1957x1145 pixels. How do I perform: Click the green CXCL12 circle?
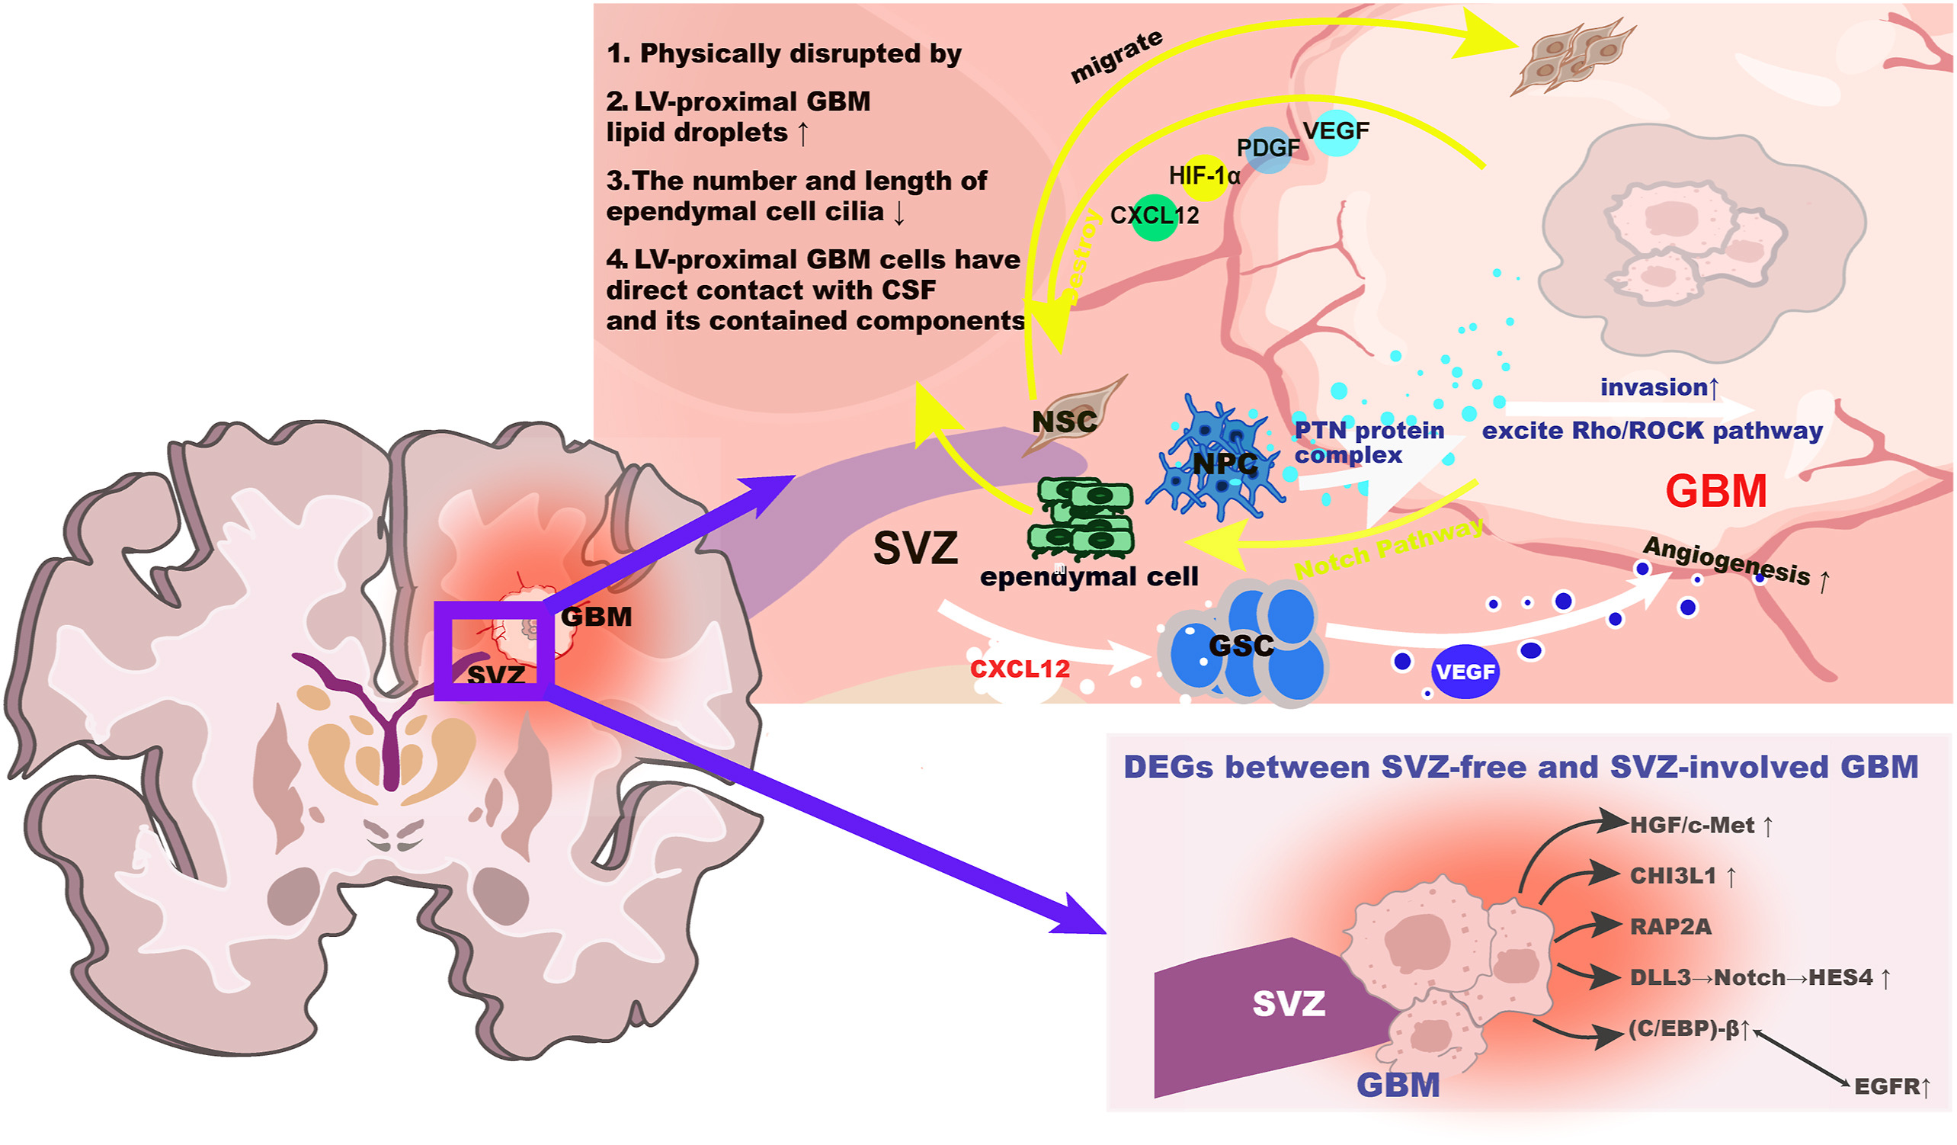1154,217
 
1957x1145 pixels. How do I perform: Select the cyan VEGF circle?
1337,133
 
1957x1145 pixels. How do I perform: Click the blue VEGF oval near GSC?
1465,672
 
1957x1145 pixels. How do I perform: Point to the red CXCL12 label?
1020,669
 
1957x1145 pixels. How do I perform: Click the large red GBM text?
1715,492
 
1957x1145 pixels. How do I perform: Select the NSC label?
1064,422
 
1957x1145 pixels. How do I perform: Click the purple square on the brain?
494,651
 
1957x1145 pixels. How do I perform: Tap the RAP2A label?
1670,927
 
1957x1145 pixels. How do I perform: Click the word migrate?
1116,56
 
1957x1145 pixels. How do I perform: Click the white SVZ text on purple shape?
1289,1004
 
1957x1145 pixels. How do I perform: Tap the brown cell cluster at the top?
1572,56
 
